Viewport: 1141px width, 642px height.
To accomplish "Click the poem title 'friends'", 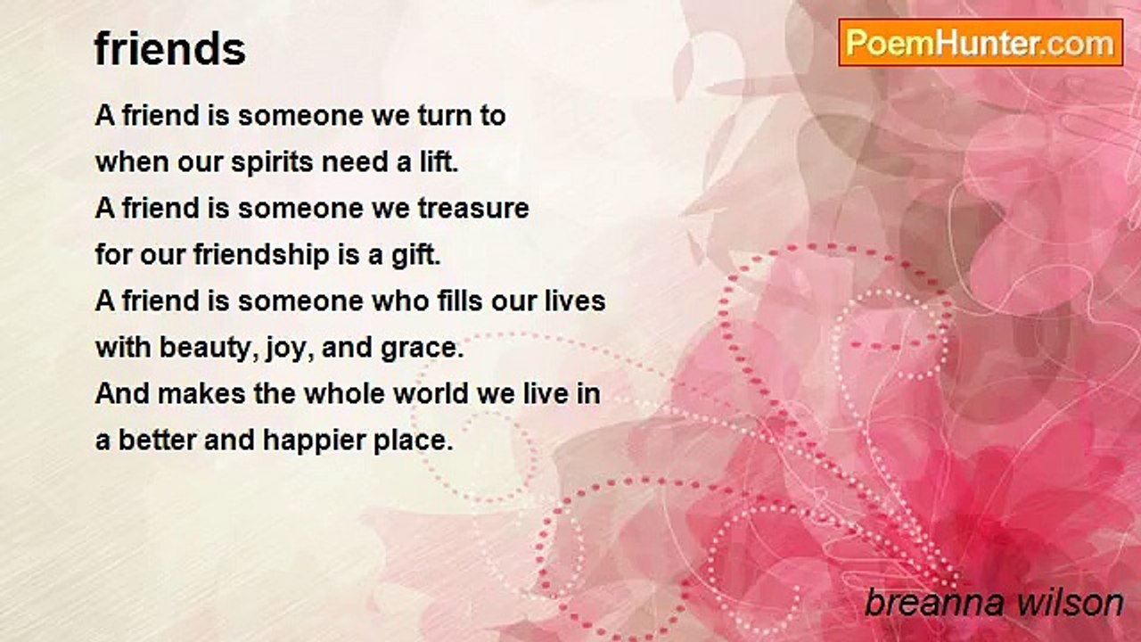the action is [x=170, y=49].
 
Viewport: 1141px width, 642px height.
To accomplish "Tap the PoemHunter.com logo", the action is [x=981, y=43].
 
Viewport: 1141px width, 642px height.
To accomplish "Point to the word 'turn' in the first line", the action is [x=444, y=116].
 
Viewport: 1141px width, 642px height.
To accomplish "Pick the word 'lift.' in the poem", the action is [x=439, y=162].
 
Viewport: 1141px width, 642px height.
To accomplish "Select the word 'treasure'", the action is [x=473, y=209].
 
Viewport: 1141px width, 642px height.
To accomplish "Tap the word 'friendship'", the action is [x=261, y=256].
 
